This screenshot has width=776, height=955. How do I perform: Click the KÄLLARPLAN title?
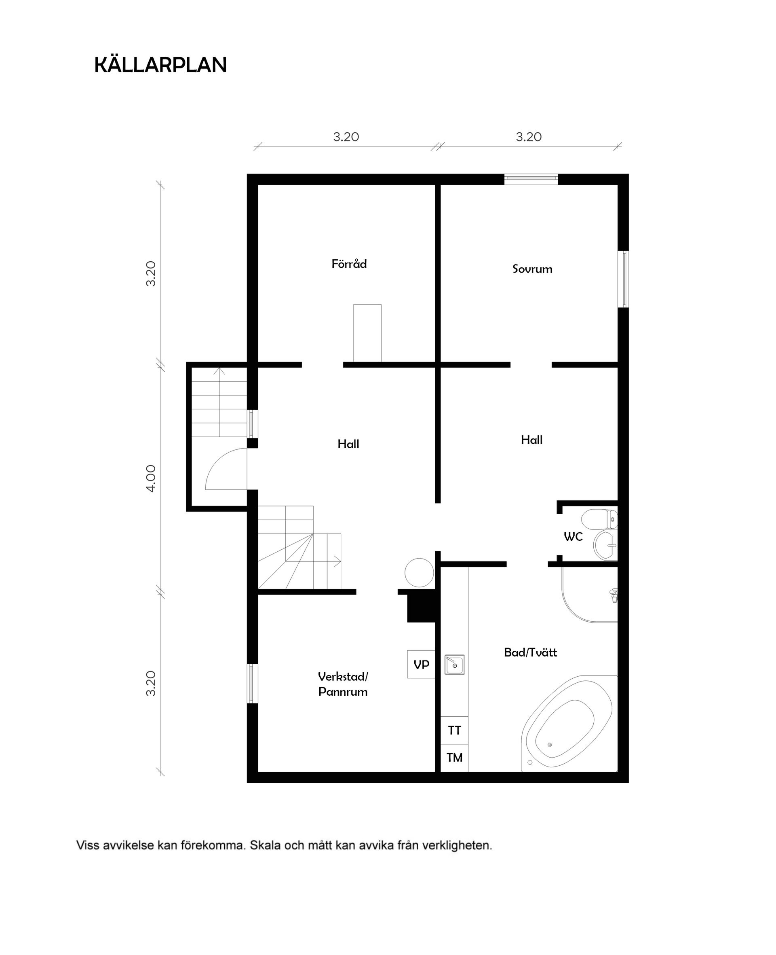(160, 65)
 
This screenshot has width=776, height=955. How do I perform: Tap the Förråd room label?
(349, 264)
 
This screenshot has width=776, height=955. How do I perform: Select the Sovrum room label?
(532, 269)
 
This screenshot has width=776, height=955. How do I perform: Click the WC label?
(573, 537)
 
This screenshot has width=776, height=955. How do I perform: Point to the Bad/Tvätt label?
(530, 652)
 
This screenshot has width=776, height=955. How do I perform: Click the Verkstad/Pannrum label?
(343, 684)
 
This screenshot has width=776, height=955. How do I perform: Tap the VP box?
(421, 665)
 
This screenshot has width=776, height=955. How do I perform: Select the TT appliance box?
(454, 731)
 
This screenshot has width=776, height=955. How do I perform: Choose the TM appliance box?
(454, 758)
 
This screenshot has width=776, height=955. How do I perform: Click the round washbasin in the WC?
(604, 545)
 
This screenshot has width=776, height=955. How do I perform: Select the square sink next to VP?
(455, 665)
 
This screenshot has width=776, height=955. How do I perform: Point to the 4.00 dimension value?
(151, 479)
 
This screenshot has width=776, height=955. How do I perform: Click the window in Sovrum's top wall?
(531, 179)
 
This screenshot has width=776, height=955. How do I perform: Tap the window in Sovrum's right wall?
(624, 279)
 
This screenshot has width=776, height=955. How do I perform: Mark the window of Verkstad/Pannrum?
(253, 683)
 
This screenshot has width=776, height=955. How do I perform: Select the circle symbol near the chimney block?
(419, 572)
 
